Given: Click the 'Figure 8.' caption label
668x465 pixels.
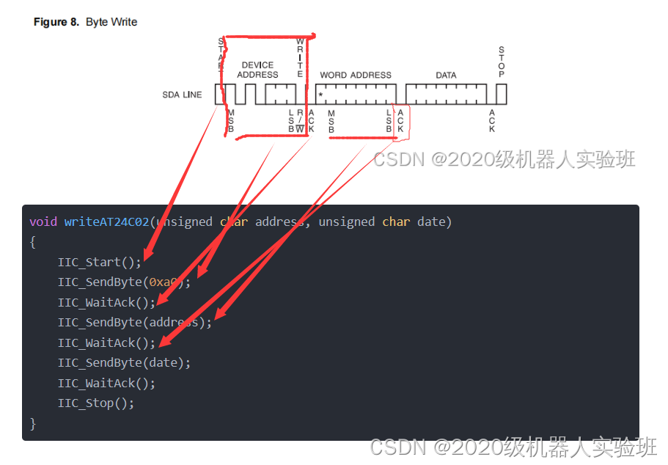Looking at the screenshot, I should pyautogui.click(x=56, y=22).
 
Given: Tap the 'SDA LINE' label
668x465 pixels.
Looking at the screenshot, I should pyautogui.click(x=182, y=95).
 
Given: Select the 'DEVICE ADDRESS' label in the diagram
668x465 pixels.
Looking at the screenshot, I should pyautogui.click(x=257, y=70).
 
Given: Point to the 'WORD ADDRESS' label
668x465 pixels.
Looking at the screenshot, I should pyautogui.click(x=356, y=75).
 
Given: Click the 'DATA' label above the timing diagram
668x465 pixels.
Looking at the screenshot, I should pyautogui.click(x=446, y=75).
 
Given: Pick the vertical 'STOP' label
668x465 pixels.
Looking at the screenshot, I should pyautogui.click(x=502, y=62).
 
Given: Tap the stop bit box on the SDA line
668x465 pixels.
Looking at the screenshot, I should pyautogui.click(x=502, y=94).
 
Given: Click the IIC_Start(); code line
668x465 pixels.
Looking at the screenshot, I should pyautogui.click(x=100, y=262).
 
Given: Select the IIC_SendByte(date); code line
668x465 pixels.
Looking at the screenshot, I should pyautogui.click(x=124, y=362).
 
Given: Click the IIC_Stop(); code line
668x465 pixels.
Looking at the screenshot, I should pyautogui.click(x=96, y=403).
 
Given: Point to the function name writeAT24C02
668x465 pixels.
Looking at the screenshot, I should pyautogui.click(x=106, y=221).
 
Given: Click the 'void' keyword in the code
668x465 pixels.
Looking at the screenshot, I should pyautogui.click(x=43, y=221).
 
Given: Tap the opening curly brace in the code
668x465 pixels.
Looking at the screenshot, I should pyautogui.click(x=32, y=241).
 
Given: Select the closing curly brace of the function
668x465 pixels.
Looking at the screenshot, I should pyautogui.click(x=32, y=423).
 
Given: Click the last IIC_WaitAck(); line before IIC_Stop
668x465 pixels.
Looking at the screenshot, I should pyautogui.click(x=106, y=383).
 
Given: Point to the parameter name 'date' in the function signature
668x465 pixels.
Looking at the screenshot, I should pyautogui.click(x=431, y=221).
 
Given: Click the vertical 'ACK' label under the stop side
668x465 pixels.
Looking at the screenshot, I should pyautogui.click(x=491, y=120).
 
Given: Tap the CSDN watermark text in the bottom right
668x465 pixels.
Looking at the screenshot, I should pyautogui.click(x=513, y=447).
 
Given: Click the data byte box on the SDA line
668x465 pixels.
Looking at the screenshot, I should pyautogui.click(x=446, y=94).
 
